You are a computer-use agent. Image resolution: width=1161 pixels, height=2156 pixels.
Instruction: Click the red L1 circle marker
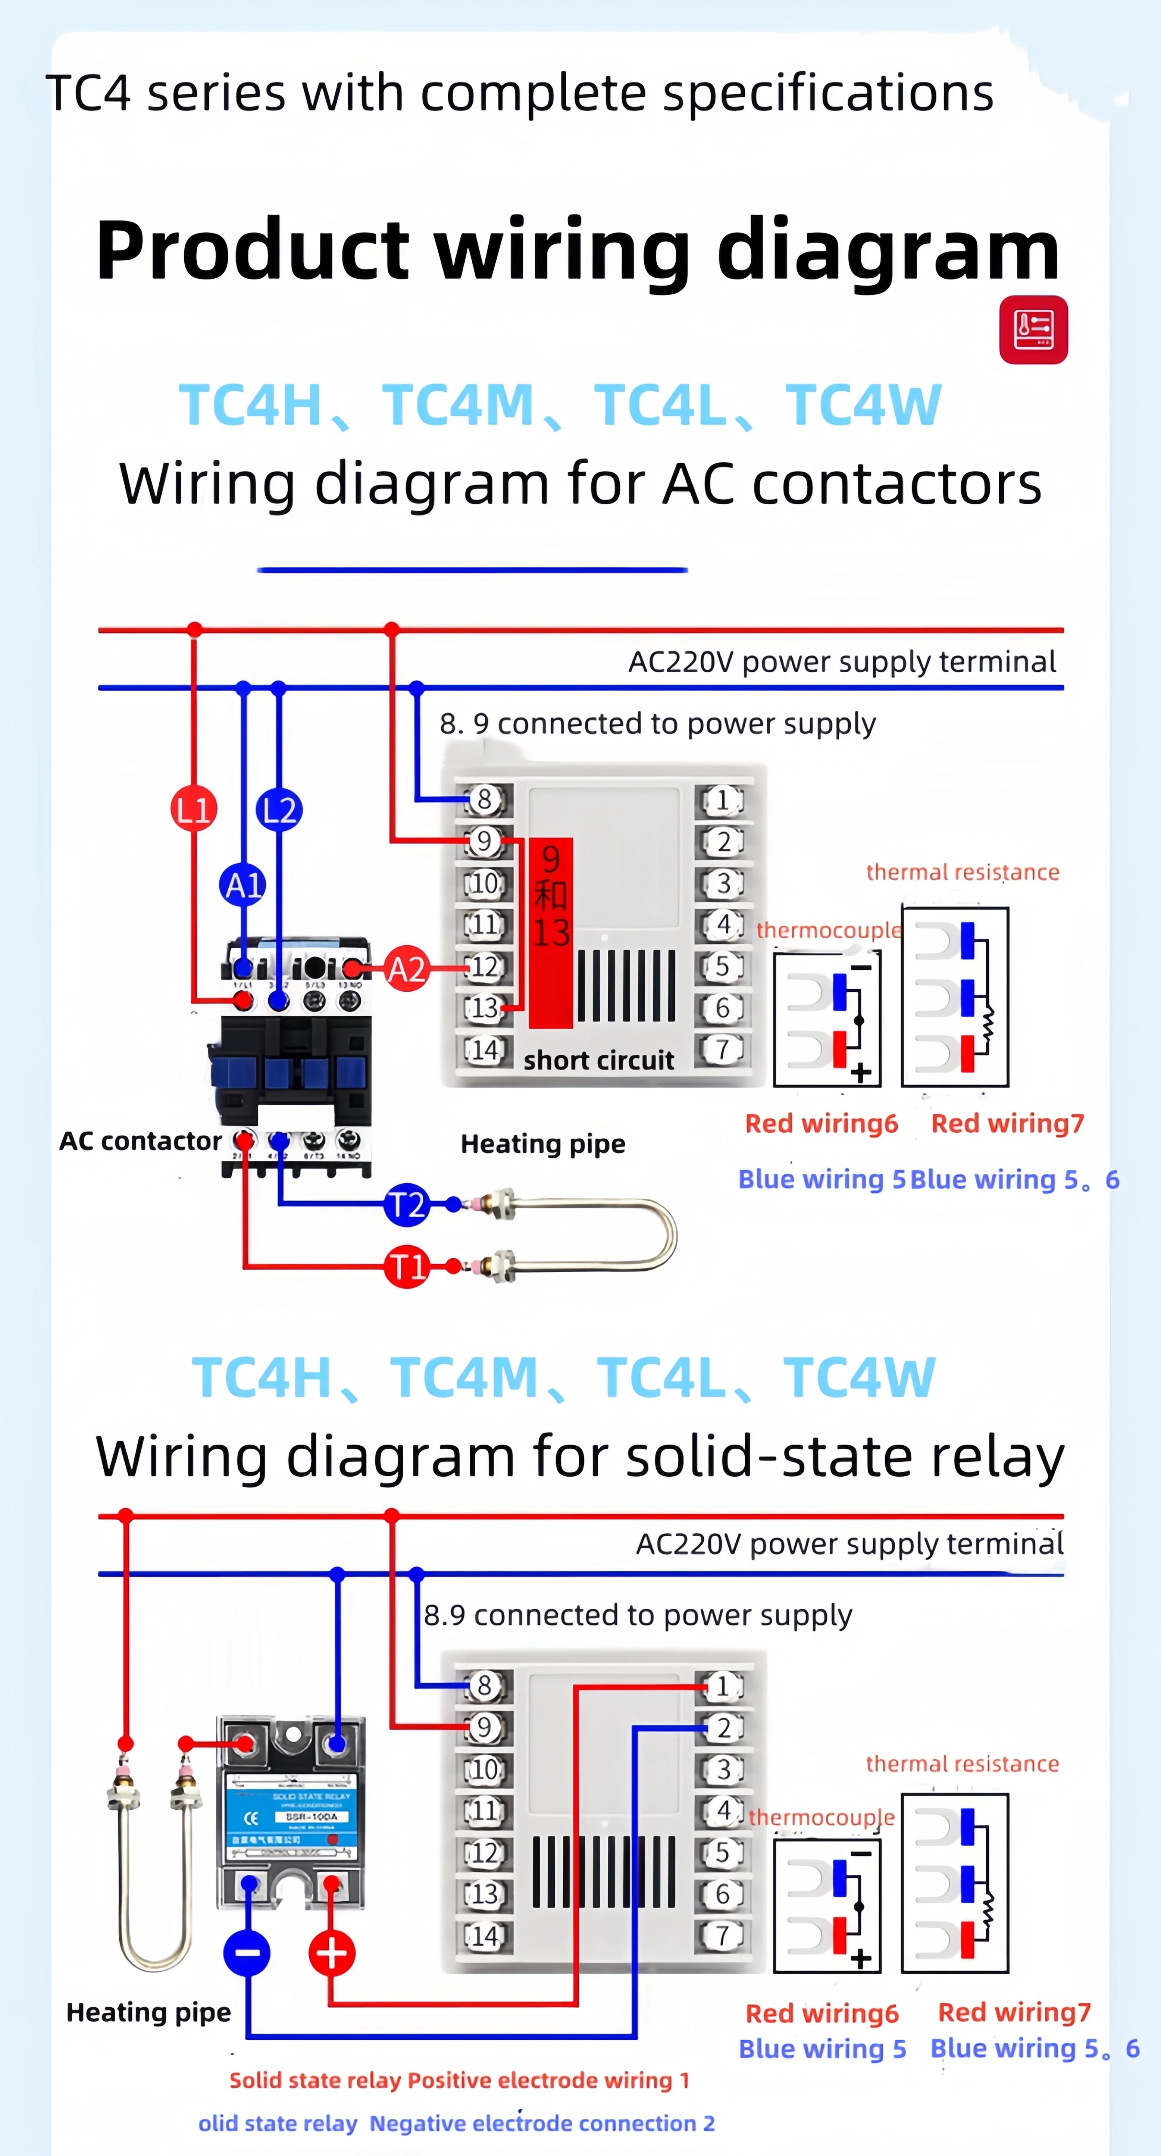click(193, 809)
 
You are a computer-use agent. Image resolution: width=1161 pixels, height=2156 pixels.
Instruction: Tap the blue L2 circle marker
click(279, 809)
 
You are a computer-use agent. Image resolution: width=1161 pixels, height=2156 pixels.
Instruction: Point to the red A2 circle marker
click(407, 969)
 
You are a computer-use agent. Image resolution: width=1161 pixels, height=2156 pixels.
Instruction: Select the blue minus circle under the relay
click(247, 1953)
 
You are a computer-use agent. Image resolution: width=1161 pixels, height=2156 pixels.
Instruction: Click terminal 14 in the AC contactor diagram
click(484, 1049)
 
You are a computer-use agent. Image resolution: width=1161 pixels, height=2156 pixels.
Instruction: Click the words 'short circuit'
click(599, 1060)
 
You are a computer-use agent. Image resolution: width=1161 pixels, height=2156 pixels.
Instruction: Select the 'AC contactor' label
click(140, 1141)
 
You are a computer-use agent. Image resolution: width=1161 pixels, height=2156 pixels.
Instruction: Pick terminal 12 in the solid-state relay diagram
click(484, 1852)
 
